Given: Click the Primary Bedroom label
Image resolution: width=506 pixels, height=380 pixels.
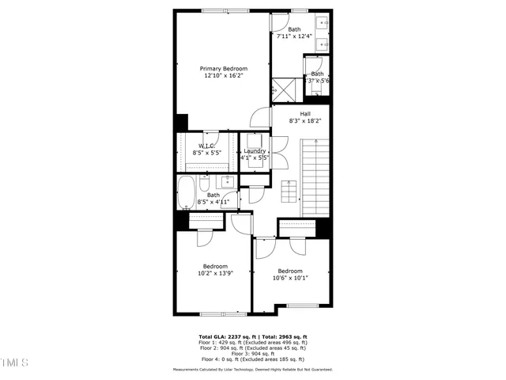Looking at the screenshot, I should (223, 69).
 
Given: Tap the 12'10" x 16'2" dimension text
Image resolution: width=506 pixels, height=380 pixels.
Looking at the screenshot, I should (223, 77).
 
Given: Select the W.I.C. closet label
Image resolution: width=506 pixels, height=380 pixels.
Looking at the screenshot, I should (207, 145).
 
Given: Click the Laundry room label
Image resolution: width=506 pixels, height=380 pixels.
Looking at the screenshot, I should (255, 150).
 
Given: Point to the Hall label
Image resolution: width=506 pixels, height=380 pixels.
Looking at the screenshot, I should (304, 113).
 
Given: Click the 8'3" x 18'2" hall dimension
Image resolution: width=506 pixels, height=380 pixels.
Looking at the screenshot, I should (304, 121).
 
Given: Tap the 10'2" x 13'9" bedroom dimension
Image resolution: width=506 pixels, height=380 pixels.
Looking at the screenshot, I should (215, 273).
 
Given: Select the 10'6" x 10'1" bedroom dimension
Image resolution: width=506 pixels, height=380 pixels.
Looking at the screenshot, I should (290, 278).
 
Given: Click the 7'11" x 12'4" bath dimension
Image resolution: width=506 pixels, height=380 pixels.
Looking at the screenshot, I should (293, 36).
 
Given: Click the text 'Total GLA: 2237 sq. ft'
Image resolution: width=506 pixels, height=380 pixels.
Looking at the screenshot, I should (224, 336).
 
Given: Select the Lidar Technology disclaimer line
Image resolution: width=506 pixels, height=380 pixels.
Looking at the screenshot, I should (252, 370).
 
